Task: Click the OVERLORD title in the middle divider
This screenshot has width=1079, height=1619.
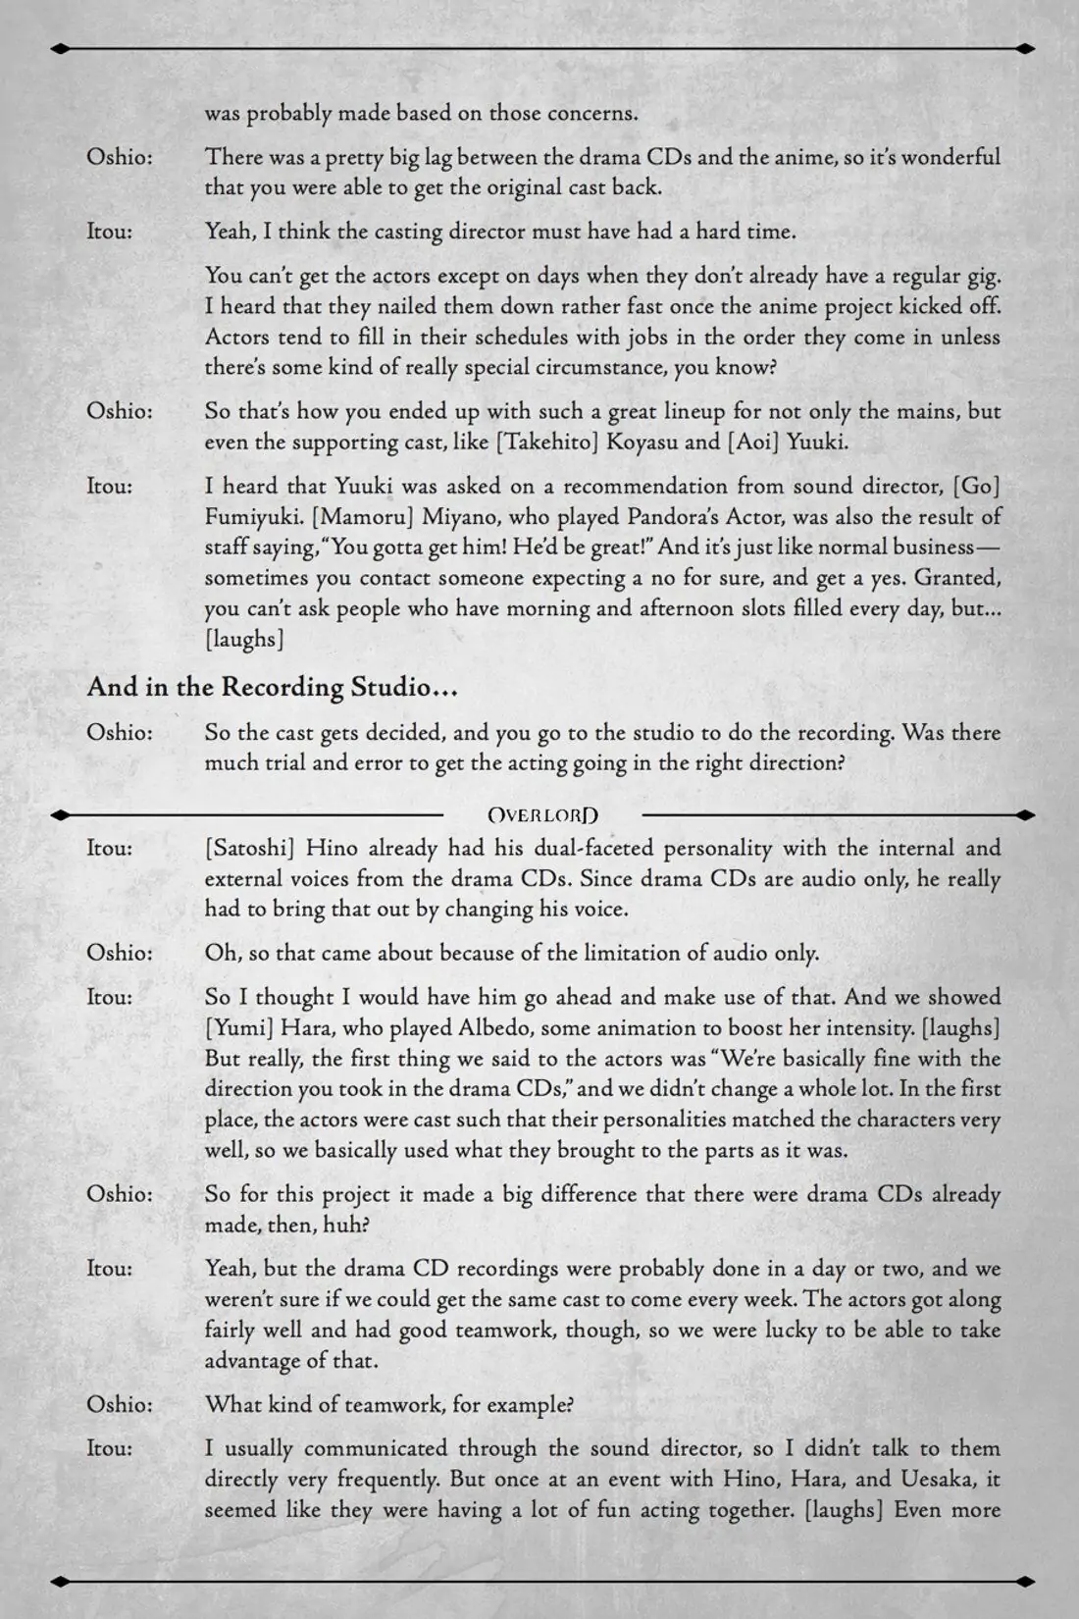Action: [x=542, y=814]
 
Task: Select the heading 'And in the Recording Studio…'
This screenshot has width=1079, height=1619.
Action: [x=272, y=687]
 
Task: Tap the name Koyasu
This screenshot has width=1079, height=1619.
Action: [x=642, y=442]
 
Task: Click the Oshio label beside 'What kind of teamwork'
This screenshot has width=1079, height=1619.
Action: [x=120, y=1404]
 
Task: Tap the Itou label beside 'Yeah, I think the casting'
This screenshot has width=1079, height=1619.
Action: [x=110, y=232]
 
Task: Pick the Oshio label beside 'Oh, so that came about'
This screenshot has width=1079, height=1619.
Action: [x=120, y=953]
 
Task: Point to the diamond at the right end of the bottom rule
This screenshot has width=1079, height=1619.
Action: [x=1024, y=1581]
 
